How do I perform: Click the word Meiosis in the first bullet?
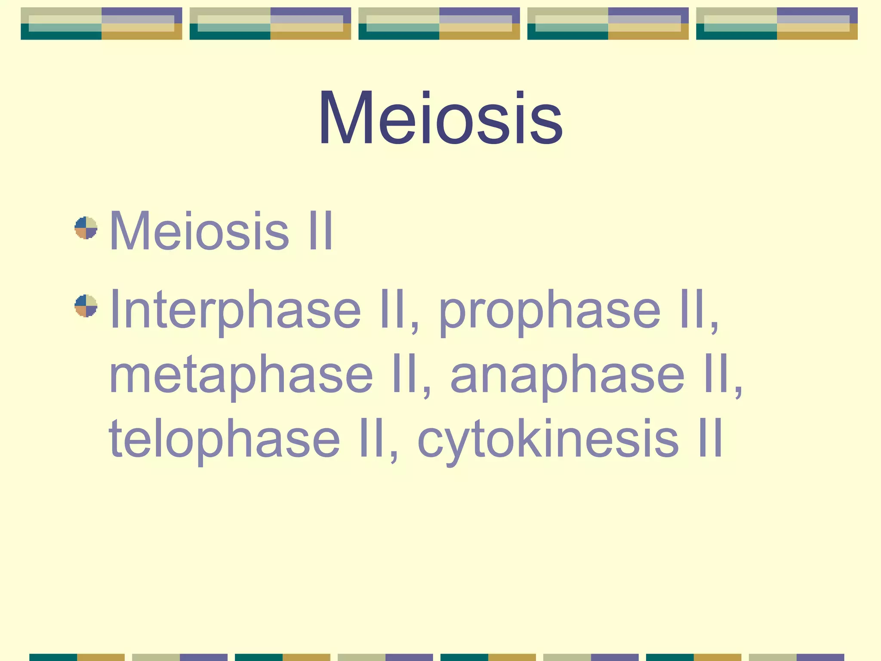pyautogui.click(x=199, y=231)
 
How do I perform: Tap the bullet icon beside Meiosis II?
pyautogui.click(x=86, y=228)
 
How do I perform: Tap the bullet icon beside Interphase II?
pyautogui.click(x=86, y=306)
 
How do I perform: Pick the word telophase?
pyautogui.click(x=224, y=439)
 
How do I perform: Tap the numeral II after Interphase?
pyautogui.click(x=393, y=309)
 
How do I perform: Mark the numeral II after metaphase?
pyautogui.click(x=405, y=374)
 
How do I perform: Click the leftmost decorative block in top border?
pyautogui.click(x=102, y=24)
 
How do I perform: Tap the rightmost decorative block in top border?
pyautogui.click(x=776, y=24)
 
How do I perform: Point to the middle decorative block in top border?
pyautogui.click(x=439, y=24)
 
